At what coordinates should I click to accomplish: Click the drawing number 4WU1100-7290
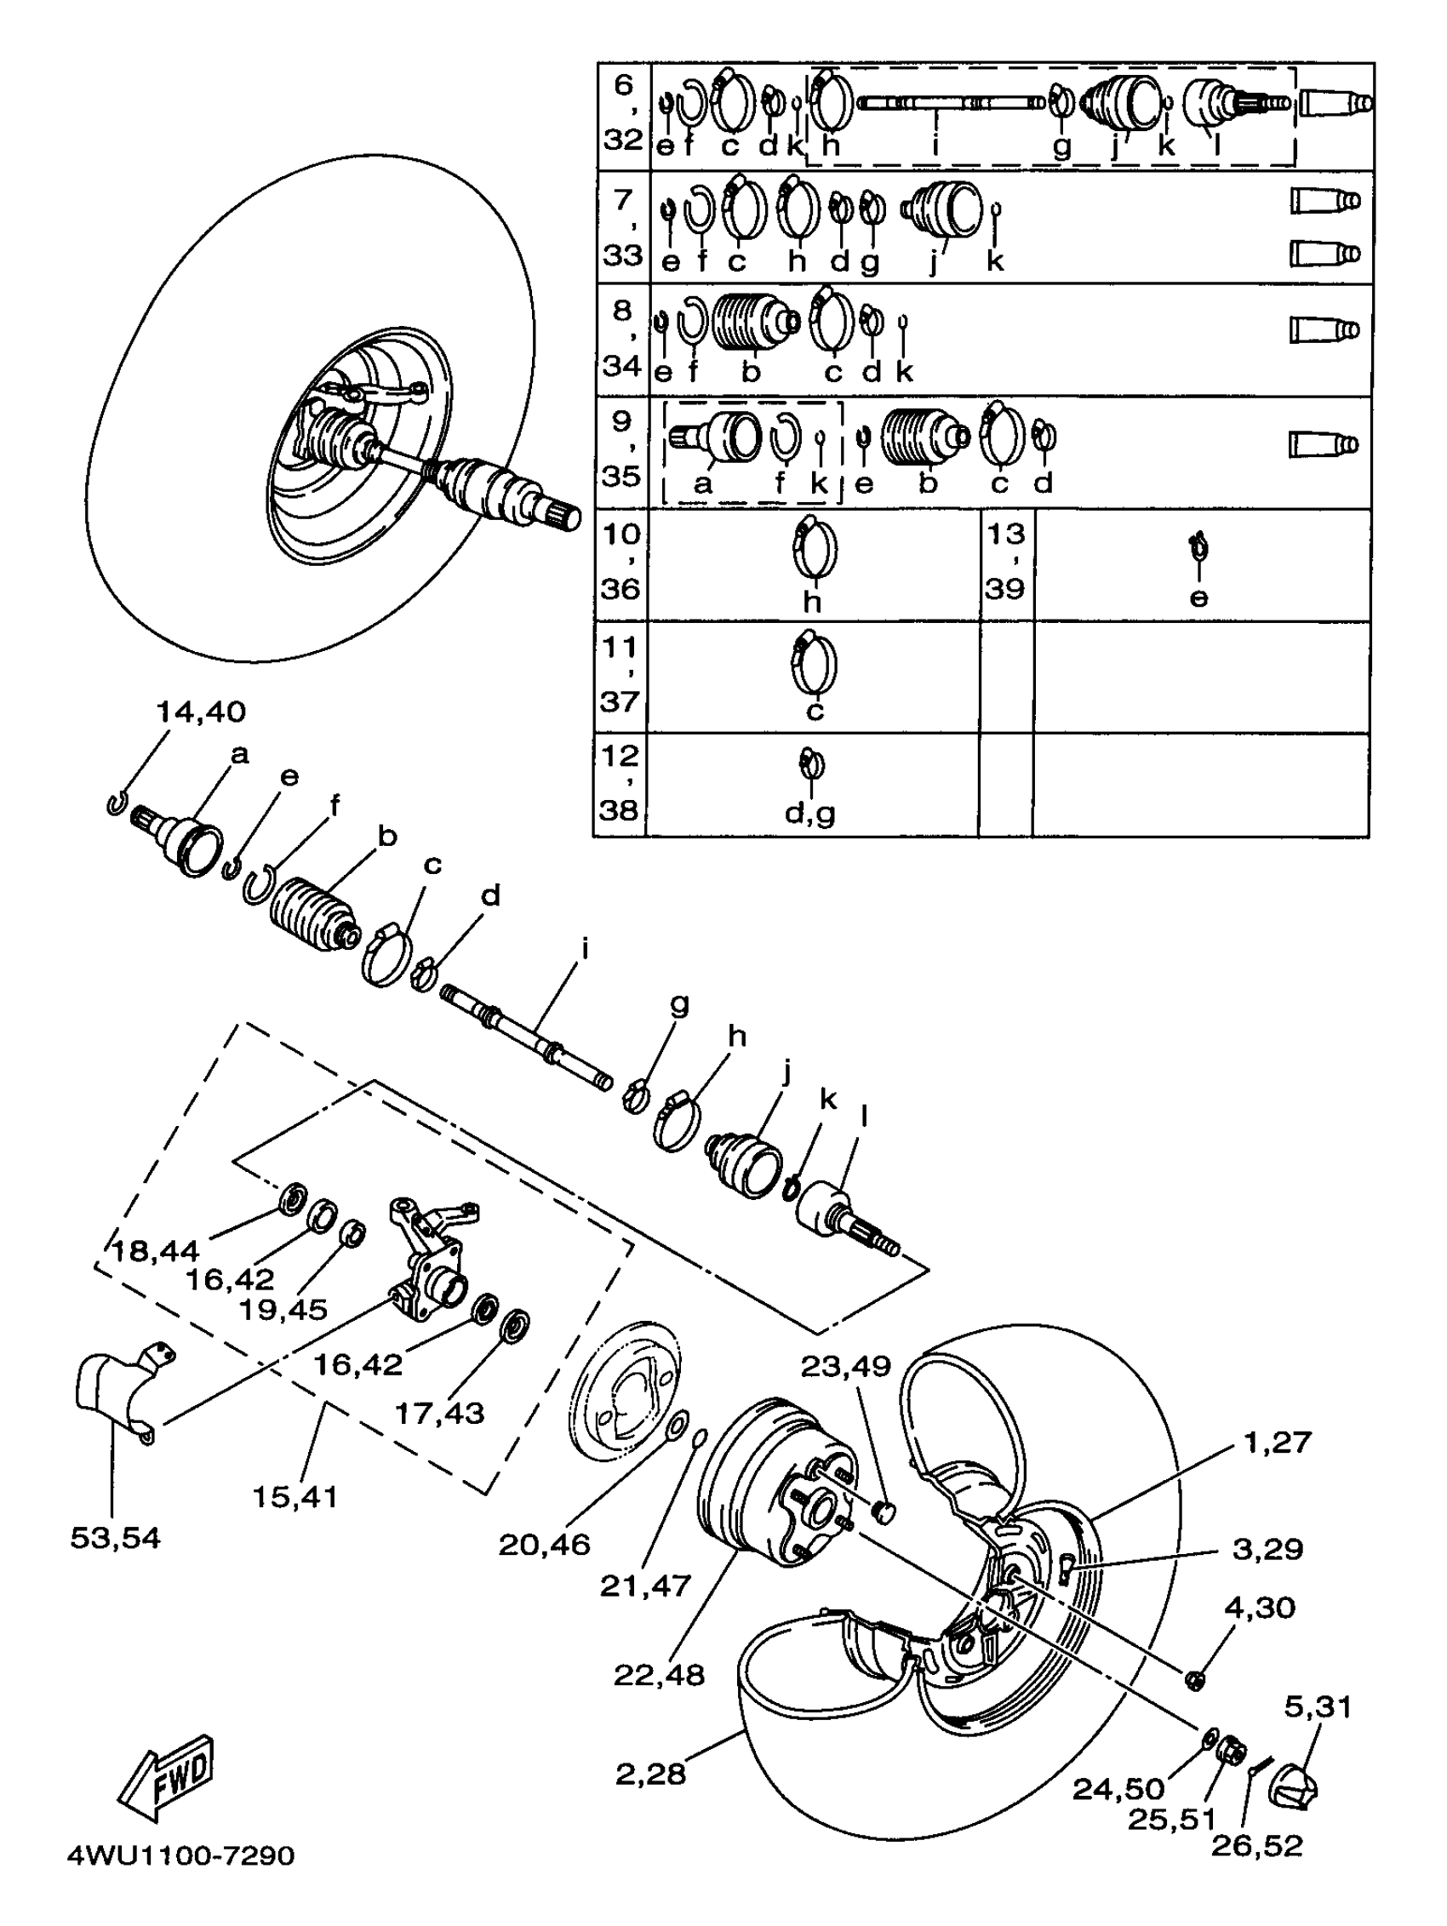(181, 1855)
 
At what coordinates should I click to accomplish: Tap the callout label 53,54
(115, 1538)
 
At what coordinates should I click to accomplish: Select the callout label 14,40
(200, 712)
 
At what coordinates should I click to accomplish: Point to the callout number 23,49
(845, 1366)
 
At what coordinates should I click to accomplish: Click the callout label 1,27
(1277, 1442)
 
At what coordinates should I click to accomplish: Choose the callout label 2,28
(650, 1774)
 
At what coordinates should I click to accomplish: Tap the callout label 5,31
(1318, 1706)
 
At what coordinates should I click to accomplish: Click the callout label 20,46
(544, 1545)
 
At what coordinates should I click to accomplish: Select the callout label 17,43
(439, 1412)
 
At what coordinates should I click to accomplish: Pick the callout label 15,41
(295, 1497)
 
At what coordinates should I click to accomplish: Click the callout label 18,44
(155, 1251)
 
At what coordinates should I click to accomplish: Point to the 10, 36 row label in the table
(621, 562)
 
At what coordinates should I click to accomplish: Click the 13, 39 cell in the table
(1005, 562)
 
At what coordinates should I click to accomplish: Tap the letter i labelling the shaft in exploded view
(585, 947)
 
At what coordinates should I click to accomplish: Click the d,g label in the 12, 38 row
(809, 813)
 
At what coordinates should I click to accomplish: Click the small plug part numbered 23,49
(884, 1512)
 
